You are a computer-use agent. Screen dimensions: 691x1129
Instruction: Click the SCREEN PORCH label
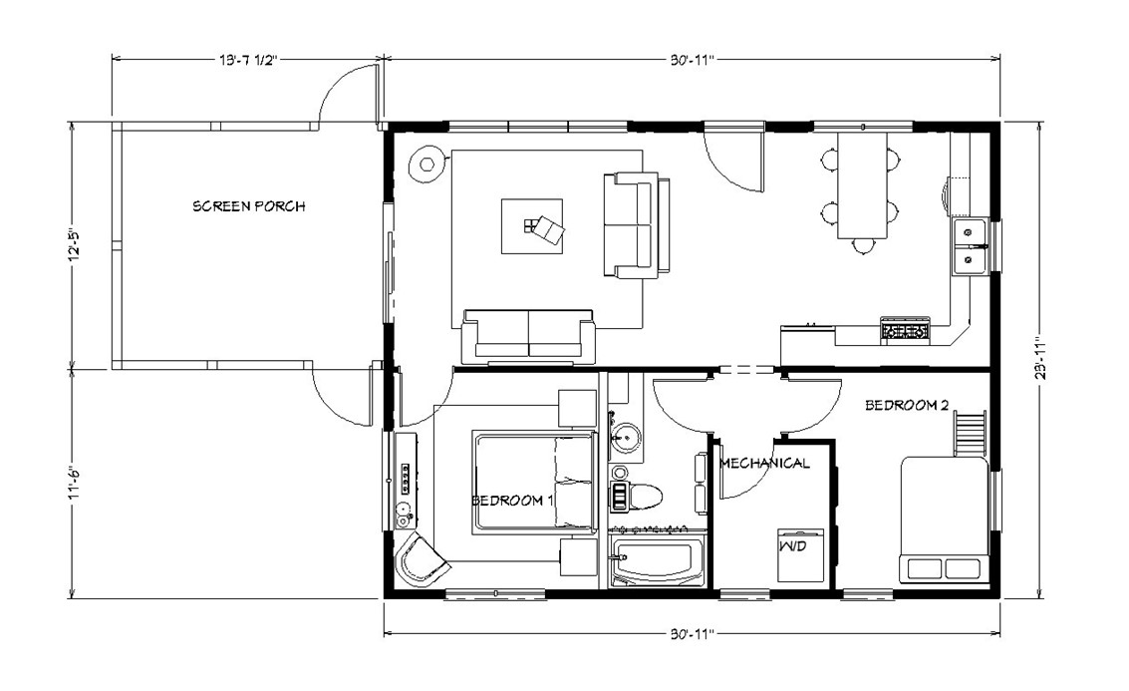(248, 206)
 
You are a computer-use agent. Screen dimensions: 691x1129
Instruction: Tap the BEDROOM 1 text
(511, 500)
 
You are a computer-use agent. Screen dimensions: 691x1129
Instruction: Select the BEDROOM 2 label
(906, 405)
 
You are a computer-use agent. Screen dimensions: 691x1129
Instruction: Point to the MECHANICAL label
(764, 463)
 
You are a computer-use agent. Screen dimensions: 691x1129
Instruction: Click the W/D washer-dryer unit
(799, 554)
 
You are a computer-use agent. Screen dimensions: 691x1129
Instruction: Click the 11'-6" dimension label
(72, 484)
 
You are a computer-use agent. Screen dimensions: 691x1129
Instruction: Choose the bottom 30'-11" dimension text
(691, 633)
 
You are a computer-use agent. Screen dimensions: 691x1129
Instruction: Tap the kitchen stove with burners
(905, 328)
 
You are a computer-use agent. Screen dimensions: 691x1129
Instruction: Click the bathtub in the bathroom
(658, 562)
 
